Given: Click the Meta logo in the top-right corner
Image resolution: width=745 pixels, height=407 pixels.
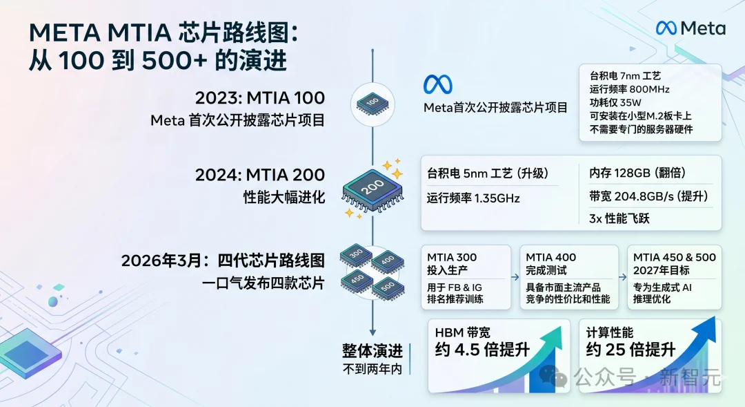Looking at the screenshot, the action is click(691, 28).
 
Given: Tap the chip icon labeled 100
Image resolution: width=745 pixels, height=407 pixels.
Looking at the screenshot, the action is click(372, 104).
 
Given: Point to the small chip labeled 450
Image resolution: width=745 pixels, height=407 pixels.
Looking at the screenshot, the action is click(357, 281).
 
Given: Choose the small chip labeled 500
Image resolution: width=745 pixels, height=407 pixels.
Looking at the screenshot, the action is click(388, 288).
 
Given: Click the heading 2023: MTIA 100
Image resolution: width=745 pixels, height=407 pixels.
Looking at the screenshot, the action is click(260, 97).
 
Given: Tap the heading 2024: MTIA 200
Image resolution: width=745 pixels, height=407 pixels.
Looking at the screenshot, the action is click(260, 175).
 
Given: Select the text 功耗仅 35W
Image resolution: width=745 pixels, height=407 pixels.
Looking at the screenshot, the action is click(615, 102).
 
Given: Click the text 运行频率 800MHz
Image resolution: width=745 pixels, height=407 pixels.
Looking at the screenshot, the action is click(630, 89).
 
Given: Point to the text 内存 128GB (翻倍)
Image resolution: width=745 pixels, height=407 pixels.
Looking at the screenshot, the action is click(637, 173).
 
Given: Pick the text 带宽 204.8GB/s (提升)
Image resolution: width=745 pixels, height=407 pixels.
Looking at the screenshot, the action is click(648, 196).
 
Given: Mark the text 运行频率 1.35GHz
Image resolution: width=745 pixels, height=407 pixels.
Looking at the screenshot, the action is click(473, 198).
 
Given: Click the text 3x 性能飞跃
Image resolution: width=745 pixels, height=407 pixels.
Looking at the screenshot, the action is click(619, 218).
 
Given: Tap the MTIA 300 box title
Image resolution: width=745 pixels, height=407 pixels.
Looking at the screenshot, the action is click(452, 257).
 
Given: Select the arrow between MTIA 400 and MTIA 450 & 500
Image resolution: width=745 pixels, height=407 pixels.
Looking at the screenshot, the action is click(623, 277).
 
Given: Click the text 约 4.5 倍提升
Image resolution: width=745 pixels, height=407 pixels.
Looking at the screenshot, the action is click(482, 350).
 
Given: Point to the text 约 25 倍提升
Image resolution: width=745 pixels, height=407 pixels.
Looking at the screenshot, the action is click(630, 350).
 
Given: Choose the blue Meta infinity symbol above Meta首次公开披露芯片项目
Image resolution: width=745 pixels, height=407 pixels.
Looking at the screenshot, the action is click(437, 84).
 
